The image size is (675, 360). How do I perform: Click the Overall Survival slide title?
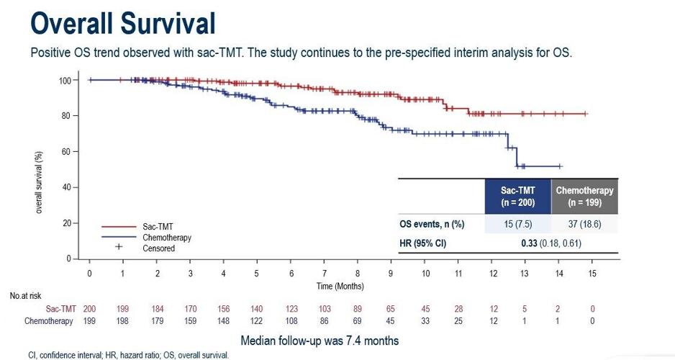pyautogui.click(x=123, y=23)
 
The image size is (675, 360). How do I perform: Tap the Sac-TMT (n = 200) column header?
pyautogui.click(x=518, y=196)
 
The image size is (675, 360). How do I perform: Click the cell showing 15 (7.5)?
pyautogui.click(x=518, y=225)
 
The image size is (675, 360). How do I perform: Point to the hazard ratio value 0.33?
pyautogui.click(x=530, y=243)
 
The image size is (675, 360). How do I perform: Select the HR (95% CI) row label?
pyautogui.click(x=423, y=243)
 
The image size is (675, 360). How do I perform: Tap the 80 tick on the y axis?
pyautogui.click(x=65, y=116)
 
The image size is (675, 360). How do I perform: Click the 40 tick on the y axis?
pyautogui.click(x=65, y=187)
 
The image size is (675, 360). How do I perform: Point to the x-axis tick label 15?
pyautogui.click(x=592, y=274)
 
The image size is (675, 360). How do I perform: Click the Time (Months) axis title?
pyautogui.click(x=340, y=286)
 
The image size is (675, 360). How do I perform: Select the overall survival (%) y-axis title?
pyautogui.click(x=40, y=169)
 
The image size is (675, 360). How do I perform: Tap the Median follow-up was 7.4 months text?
pyautogui.click(x=320, y=340)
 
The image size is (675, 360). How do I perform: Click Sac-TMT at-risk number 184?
pyautogui.click(x=157, y=309)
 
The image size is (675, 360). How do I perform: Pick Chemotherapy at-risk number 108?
pyautogui.click(x=291, y=321)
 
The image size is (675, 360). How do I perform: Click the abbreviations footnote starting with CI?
pyautogui.click(x=119, y=354)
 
